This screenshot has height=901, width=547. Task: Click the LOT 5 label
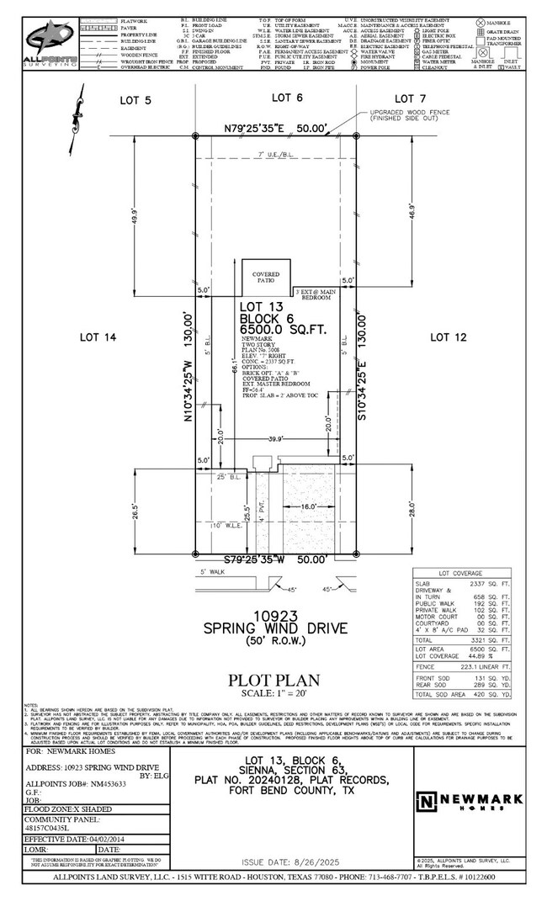pos(135,99)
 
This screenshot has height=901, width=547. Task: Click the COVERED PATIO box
pos(266,278)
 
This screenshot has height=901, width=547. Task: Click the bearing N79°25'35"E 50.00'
pos(263,128)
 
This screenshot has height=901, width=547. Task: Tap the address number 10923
pos(273,617)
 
